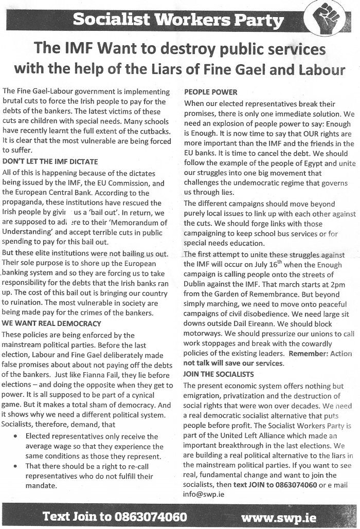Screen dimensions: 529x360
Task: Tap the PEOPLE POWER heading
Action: [210, 93]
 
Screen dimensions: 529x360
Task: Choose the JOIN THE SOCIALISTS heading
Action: [219, 374]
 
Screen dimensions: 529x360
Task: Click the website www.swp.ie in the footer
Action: [278, 517]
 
